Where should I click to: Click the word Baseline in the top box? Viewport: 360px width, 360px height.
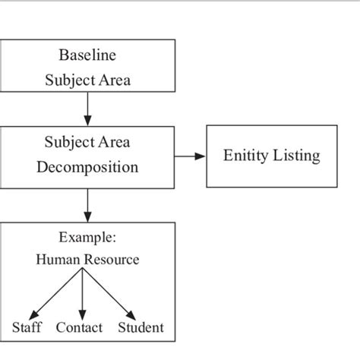(87, 55)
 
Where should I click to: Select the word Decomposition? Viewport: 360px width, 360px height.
(87, 167)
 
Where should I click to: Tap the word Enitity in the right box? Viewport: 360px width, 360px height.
(248, 156)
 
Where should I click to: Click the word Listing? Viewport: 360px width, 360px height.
(297, 156)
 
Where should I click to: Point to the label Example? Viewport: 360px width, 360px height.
(87, 237)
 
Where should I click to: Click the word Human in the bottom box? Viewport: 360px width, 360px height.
(57, 260)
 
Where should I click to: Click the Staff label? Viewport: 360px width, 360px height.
(27, 328)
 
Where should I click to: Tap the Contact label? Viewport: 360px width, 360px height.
(80, 328)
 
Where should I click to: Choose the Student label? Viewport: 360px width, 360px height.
(141, 328)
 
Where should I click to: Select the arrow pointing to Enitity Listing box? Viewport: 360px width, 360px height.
(190, 156)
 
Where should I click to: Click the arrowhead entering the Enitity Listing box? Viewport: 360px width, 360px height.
(201, 156)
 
